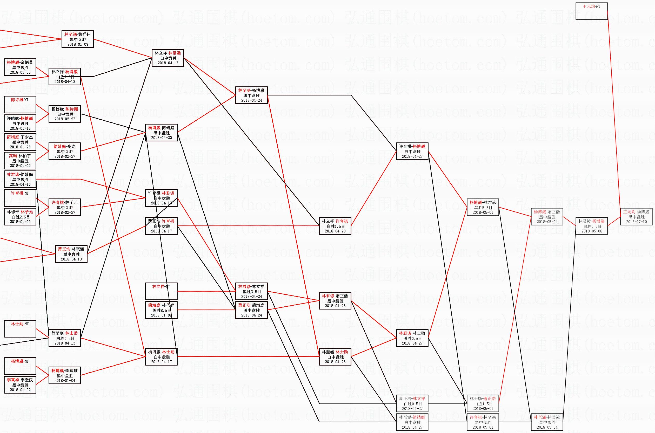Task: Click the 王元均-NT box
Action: [x=591, y=11]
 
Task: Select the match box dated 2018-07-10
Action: [x=636, y=217]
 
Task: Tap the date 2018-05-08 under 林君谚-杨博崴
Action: [x=591, y=231]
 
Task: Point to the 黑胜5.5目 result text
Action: [x=483, y=208]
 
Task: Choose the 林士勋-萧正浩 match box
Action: [x=483, y=403]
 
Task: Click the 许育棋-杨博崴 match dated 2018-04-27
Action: [x=412, y=151]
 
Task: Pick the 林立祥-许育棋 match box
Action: [x=335, y=226]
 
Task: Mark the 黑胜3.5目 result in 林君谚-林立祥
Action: [x=251, y=292]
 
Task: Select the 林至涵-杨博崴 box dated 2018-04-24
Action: [x=251, y=95]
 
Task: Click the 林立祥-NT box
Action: [x=161, y=291]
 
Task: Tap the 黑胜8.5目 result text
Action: [x=161, y=310]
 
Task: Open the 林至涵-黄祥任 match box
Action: [x=78, y=39]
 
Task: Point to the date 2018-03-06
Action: [x=20, y=72]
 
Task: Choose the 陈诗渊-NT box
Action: [x=20, y=105]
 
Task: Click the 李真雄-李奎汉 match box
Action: [x=20, y=385]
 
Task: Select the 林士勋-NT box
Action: [x=20, y=329]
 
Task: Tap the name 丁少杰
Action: [x=27, y=137]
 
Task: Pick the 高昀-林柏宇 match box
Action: [x=20, y=161]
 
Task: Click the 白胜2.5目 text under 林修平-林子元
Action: [x=20, y=217]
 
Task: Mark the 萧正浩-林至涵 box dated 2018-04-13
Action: [x=71, y=254]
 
